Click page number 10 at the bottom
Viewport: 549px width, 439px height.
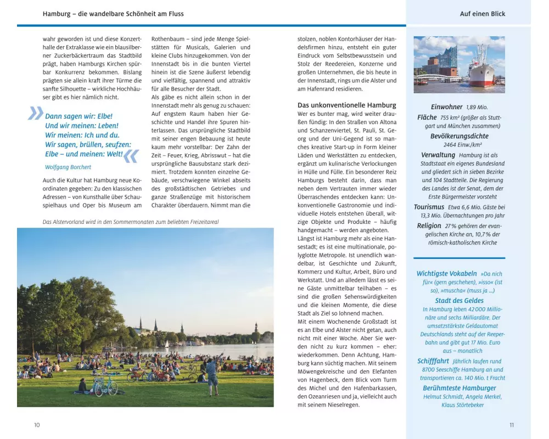point(37,425)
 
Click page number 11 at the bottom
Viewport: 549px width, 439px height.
point(512,425)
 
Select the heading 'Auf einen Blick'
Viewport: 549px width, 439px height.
point(483,14)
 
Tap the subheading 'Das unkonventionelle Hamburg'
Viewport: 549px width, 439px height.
point(346,105)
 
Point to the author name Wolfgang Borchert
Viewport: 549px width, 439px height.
point(68,167)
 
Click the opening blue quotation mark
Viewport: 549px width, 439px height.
point(35,113)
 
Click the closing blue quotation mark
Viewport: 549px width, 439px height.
point(131,156)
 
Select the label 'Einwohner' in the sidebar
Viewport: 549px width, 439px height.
point(447,108)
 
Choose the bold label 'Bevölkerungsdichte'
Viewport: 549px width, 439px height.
point(459,136)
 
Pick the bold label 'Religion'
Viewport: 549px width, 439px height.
point(429,226)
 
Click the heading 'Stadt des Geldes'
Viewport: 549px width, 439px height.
point(459,301)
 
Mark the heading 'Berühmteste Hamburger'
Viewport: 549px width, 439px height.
point(459,388)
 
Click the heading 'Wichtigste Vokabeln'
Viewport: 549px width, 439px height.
point(446,273)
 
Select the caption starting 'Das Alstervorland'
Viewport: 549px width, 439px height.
point(123,222)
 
